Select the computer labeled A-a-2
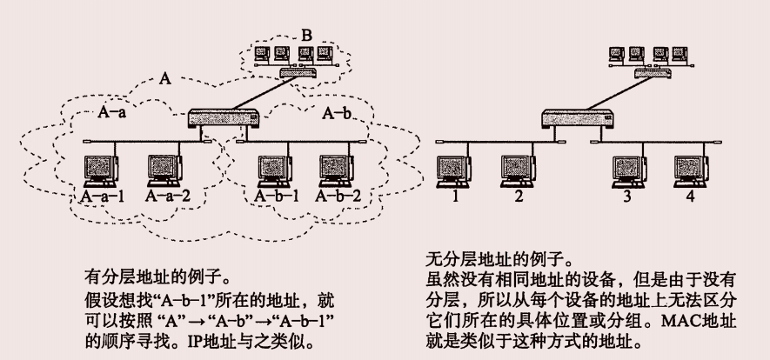click(167, 170)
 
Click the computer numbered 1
click(453, 169)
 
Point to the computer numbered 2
click(517, 169)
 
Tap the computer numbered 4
click(688, 169)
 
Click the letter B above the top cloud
click(305, 36)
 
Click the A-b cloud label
click(338, 112)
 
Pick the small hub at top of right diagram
click(655, 73)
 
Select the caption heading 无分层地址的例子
click(497, 259)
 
